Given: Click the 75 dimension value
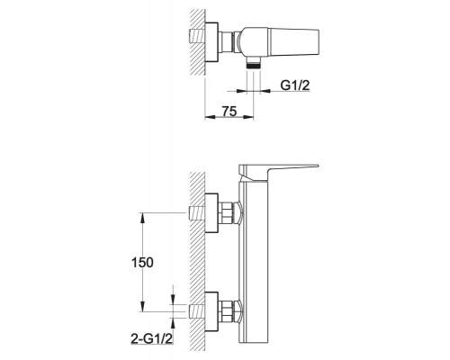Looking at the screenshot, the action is point(229,112).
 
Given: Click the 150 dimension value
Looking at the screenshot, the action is point(142,263).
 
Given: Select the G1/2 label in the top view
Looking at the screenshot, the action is point(294,85).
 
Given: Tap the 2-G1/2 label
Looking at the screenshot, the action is point(152,338).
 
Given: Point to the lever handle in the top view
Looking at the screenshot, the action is point(294,42).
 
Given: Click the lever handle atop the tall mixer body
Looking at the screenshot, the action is point(277,173).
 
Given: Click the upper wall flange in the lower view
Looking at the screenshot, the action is point(211,213).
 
